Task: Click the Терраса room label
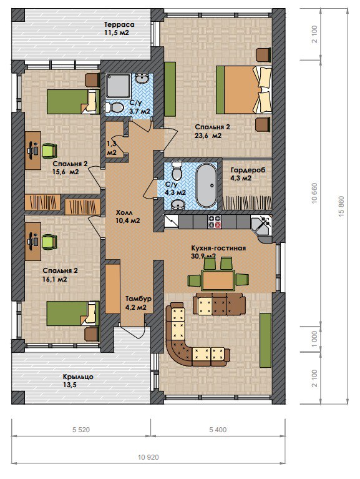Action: click(x=119, y=24)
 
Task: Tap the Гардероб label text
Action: click(x=248, y=170)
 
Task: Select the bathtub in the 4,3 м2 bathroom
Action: click(x=206, y=185)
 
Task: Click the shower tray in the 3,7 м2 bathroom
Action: click(x=118, y=86)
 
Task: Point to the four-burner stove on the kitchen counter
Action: click(x=215, y=222)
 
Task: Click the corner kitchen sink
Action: click(x=261, y=225)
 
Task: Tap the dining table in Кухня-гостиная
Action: click(x=218, y=280)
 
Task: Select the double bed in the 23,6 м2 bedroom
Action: click(x=244, y=90)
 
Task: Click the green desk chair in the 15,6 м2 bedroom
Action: click(x=49, y=151)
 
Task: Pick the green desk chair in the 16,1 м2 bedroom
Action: click(x=49, y=242)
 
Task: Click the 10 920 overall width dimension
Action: click(x=148, y=457)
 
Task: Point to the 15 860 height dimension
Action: click(x=341, y=206)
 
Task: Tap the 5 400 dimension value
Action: click(x=218, y=430)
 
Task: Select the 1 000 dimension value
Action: click(x=314, y=338)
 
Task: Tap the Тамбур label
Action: click(x=139, y=299)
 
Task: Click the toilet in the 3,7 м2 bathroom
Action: click(x=114, y=107)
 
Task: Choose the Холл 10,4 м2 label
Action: click(x=128, y=216)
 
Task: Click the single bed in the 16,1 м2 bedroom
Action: click(x=73, y=314)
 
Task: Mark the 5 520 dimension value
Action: click(x=81, y=430)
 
